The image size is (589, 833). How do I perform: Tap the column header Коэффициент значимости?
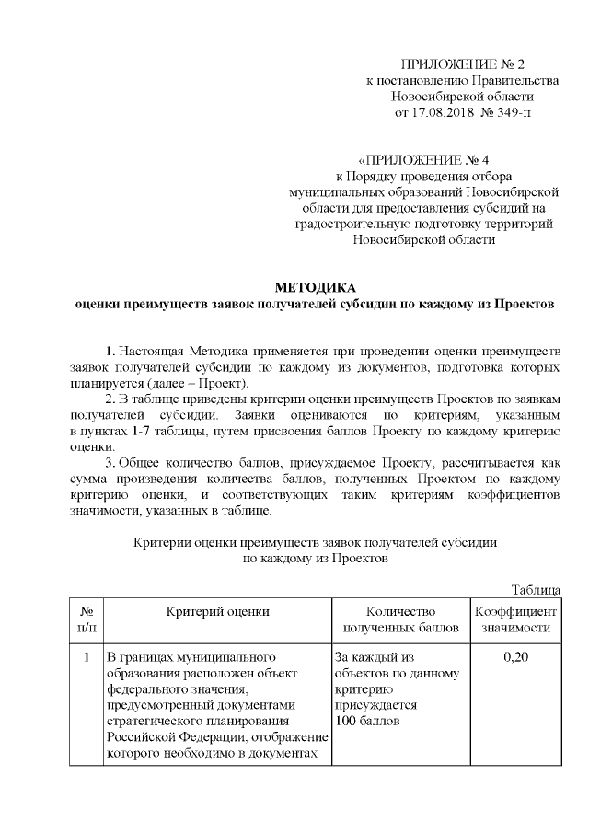pos(514,619)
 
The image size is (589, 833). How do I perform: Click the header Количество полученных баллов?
pos(399,619)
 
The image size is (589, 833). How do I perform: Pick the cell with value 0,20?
pos(514,658)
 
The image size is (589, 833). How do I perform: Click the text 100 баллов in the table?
pos(368,721)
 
